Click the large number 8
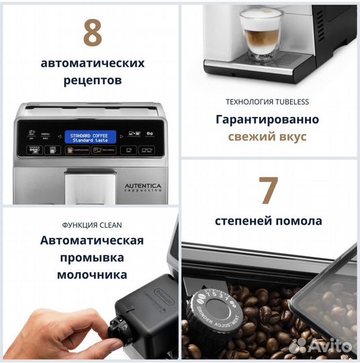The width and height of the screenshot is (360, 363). click(x=92, y=33)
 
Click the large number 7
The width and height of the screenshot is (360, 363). click(x=269, y=190)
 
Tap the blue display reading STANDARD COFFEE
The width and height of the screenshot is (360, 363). click(x=87, y=136)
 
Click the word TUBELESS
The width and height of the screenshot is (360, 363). click(x=289, y=102)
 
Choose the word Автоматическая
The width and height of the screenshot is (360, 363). click(x=92, y=241)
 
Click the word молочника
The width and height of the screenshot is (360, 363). click(x=92, y=274)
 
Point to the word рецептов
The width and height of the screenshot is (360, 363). click(x=92, y=81)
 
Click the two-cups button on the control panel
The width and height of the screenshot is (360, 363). click(x=146, y=150)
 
